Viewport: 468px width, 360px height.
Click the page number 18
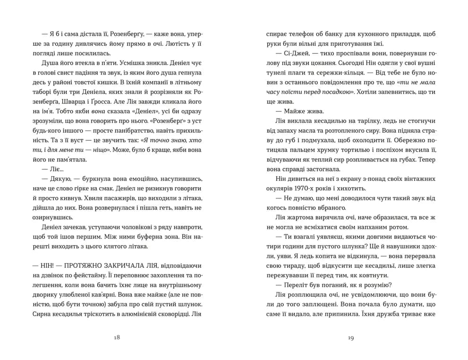(x=117, y=337)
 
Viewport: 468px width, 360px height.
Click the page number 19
(x=350, y=337)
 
